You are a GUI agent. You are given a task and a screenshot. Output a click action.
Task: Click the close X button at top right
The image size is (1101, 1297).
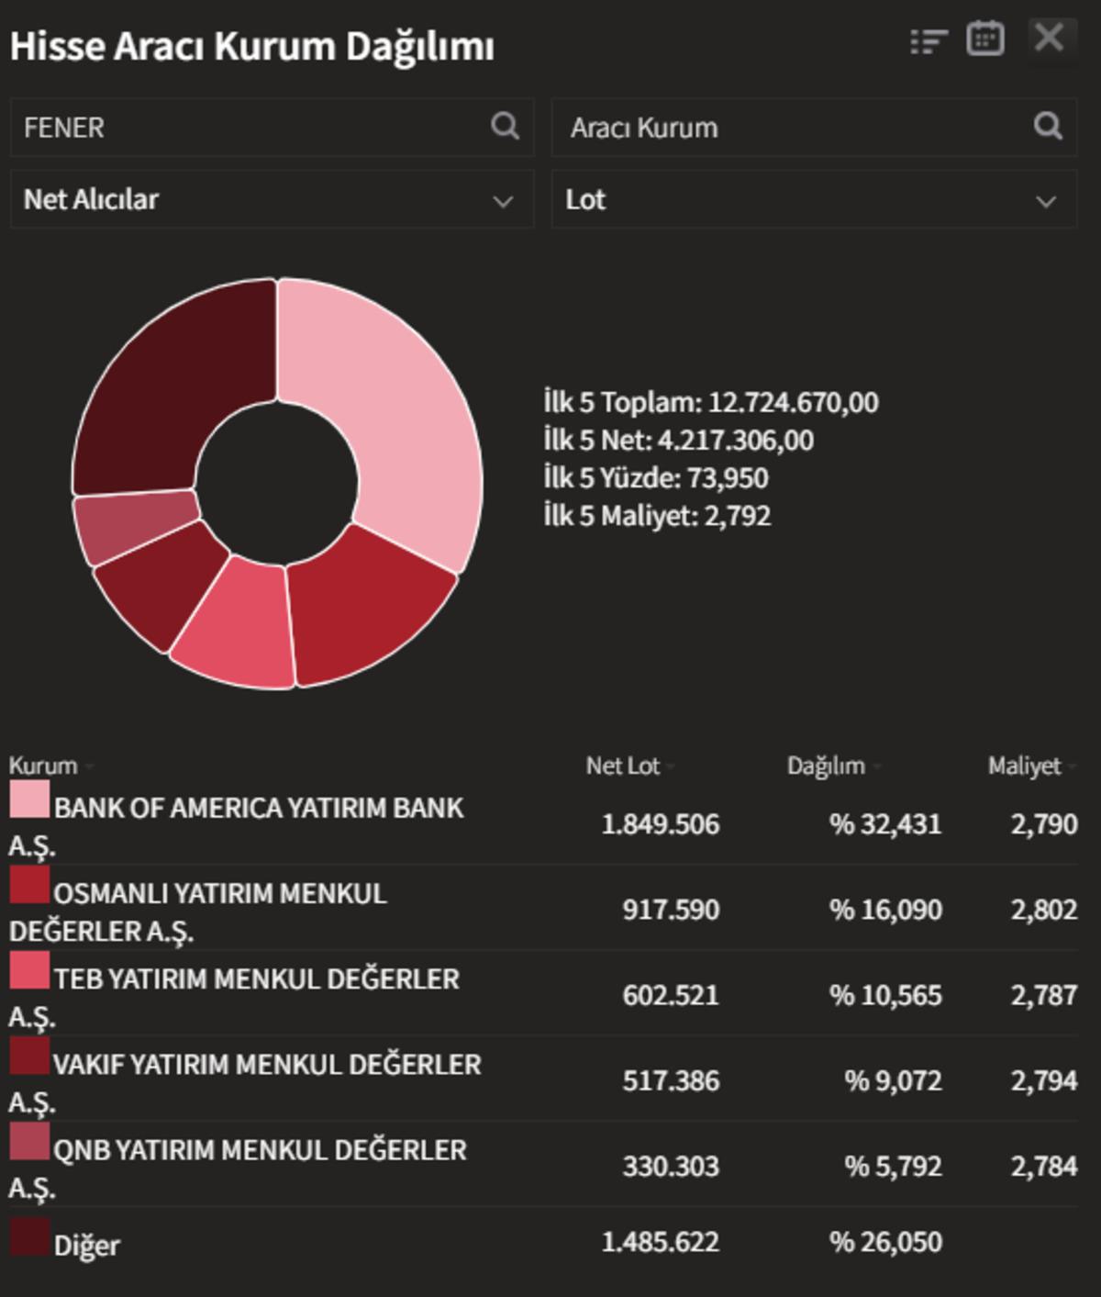[1049, 39]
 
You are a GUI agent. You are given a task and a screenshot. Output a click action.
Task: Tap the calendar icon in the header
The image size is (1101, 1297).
[984, 39]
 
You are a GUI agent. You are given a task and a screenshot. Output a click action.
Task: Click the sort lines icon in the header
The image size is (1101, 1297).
[928, 41]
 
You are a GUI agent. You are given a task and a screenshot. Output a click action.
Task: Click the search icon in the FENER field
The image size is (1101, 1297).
[505, 126]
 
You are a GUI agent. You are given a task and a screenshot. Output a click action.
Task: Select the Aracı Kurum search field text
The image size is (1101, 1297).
[644, 128]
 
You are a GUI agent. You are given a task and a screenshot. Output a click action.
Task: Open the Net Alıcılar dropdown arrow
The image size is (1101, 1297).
[503, 201]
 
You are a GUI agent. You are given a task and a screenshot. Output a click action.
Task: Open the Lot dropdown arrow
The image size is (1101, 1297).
[1046, 201]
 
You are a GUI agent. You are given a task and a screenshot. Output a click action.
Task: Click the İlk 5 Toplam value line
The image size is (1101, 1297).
[710, 402]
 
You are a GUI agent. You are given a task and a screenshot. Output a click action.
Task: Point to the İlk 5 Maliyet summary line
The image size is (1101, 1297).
[656, 516]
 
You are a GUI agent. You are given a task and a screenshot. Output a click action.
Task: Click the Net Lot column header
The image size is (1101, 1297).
[623, 766]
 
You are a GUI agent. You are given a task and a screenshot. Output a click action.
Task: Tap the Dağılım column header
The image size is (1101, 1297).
[826, 766]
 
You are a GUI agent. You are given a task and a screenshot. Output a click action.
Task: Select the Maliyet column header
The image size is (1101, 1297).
[1024, 766]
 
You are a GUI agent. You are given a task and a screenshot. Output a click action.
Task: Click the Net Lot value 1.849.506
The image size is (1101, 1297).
[660, 824]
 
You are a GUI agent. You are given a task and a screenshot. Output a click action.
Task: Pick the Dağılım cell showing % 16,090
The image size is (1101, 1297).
[884, 910]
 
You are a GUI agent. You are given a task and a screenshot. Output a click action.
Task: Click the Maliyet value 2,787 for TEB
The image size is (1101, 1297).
[1043, 995]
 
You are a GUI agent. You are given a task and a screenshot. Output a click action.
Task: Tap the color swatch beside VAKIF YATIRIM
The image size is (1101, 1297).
[29, 1056]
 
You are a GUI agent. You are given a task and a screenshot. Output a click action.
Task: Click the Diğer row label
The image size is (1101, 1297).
[86, 1246]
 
